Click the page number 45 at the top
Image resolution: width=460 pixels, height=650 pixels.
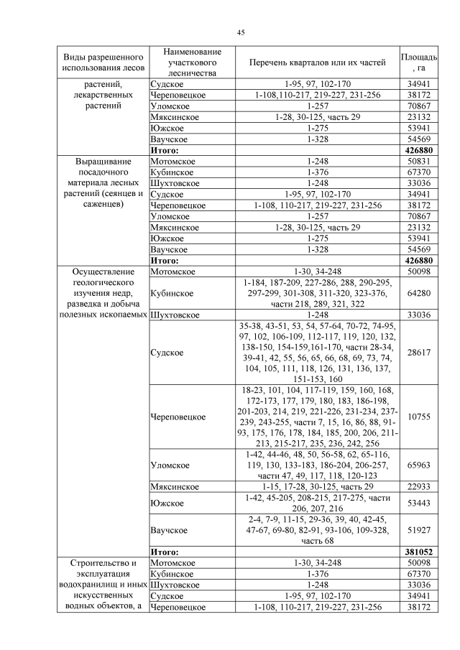241,32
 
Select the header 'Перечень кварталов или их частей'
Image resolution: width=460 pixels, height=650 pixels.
317,62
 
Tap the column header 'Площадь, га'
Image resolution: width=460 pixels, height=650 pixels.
418,62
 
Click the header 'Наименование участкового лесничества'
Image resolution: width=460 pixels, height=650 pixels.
191,62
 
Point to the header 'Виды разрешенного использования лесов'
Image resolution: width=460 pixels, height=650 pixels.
103,62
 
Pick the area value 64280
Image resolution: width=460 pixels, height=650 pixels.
418,294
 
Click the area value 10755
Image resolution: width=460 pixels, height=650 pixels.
418,417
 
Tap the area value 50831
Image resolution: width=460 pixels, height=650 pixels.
418,162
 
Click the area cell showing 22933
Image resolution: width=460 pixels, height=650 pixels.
418,487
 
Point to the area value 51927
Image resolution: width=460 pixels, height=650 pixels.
418,530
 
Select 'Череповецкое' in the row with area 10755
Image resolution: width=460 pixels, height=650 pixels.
178,417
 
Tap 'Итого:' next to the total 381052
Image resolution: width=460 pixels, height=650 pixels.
164,552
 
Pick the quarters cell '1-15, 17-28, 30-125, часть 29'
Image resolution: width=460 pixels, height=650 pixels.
317,487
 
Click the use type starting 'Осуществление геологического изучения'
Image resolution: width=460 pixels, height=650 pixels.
103,294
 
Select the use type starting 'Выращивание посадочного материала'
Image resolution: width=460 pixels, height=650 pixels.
103,183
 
